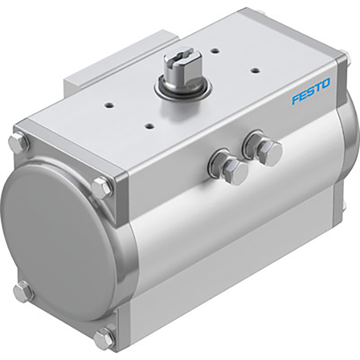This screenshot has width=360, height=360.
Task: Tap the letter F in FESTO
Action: [295, 98]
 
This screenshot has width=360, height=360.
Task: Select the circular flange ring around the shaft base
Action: [183, 88]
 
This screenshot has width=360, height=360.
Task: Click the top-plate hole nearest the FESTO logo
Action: [255, 70]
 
